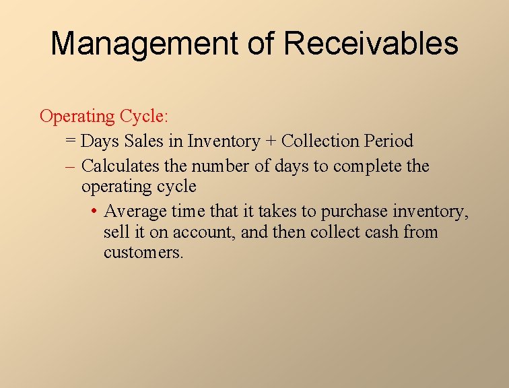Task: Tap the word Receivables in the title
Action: (x=371, y=44)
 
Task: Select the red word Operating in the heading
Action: (x=77, y=117)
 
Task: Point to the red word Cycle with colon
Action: (x=144, y=117)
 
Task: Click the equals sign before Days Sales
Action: (x=71, y=141)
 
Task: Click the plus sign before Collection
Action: (x=271, y=141)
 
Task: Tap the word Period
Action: (x=388, y=141)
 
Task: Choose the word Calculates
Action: (x=121, y=166)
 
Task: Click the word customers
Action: (x=143, y=253)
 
